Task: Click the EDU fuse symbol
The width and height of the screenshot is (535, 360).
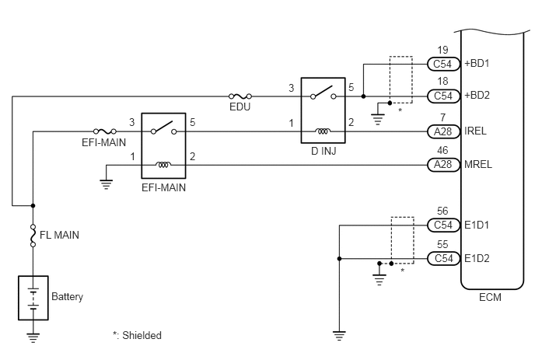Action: pos(240,96)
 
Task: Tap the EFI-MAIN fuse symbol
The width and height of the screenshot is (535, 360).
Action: pos(105,131)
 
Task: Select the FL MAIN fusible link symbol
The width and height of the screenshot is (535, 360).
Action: pos(33,236)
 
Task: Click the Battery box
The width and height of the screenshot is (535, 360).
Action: pos(33,298)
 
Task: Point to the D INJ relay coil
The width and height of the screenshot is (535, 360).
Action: pos(323,131)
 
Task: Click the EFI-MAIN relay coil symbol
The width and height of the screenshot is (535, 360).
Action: pos(163,165)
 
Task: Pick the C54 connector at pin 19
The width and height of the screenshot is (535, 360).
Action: pos(443,64)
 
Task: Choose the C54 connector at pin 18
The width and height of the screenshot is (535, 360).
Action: pos(443,96)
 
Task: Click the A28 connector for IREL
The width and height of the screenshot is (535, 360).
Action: pos(443,131)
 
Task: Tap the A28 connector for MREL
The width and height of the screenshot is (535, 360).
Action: pos(443,165)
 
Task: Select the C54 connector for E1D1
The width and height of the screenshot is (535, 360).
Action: pos(443,225)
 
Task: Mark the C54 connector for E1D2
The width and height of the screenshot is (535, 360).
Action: pos(443,258)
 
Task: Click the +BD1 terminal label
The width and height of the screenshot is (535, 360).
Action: pos(477,64)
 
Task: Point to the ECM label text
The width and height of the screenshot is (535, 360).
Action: pos(491,297)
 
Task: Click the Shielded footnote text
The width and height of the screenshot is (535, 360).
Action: pos(137,335)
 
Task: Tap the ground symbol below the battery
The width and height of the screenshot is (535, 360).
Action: pos(33,337)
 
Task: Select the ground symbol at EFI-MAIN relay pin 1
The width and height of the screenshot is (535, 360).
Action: pos(106,184)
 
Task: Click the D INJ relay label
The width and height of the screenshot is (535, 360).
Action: pos(323,151)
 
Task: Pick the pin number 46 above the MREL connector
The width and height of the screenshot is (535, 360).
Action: pos(442,151)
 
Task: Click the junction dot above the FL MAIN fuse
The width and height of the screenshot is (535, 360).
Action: pos(33,206)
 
